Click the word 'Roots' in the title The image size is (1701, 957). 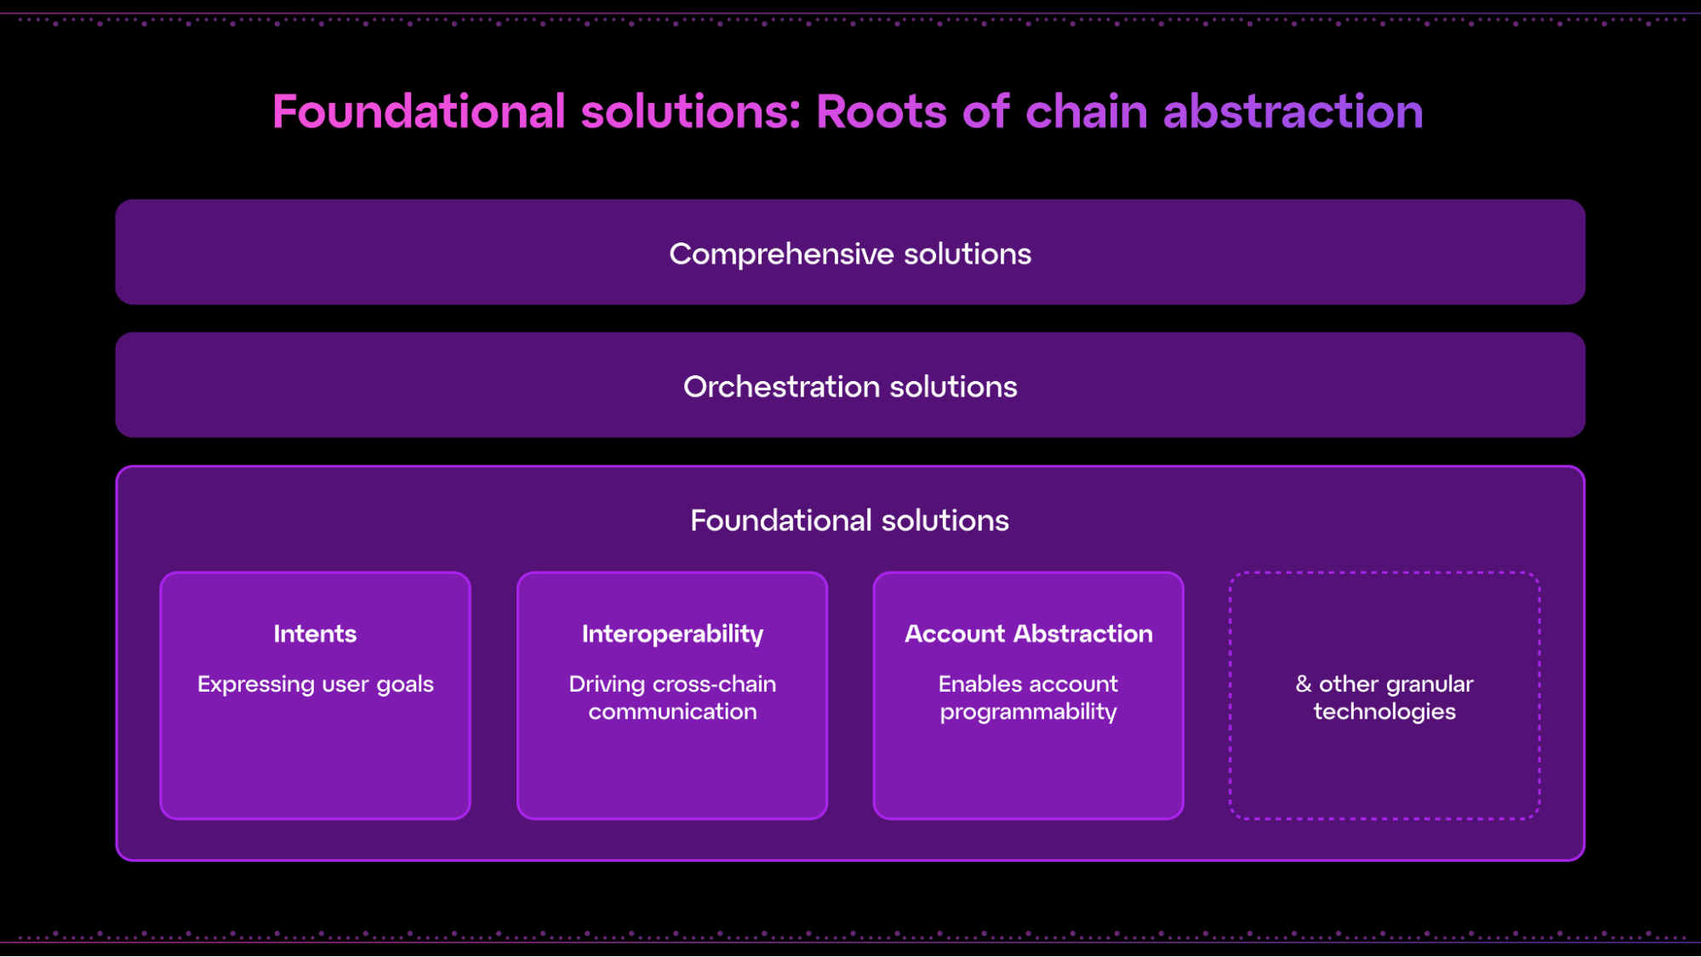pyautogui.click(x=881, y=111)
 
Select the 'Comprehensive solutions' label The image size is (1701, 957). pyautogui.click(x=850, y=254)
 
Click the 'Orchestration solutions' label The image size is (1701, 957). pyautogui.click(x=850, y=387)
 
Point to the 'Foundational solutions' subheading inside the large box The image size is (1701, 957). pyautogui.click(x=850, y=521)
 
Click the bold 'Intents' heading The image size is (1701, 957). pyautogui.click(x=315, y=634)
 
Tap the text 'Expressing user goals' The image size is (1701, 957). pyautogui.click(x=316, y=685)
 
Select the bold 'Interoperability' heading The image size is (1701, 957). pyautogui.click(x=672, y=635)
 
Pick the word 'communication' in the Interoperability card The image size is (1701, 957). pyautogui.click(x=672, y=711)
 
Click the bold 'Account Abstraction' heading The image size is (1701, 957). pyautogui.click(x=1029, y=634)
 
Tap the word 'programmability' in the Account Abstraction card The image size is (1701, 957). pyautogui.click(x=1029, y=712)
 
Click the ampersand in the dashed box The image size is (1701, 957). pyautogui.click(x=1304, y=684)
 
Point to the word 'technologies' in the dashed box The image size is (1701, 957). pyautogui.click(x=1384, y=712)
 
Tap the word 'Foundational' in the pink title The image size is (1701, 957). pyautogui.click(x=419, y=111)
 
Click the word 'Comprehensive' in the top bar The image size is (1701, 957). pyautogui.click(x=781, y=254)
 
